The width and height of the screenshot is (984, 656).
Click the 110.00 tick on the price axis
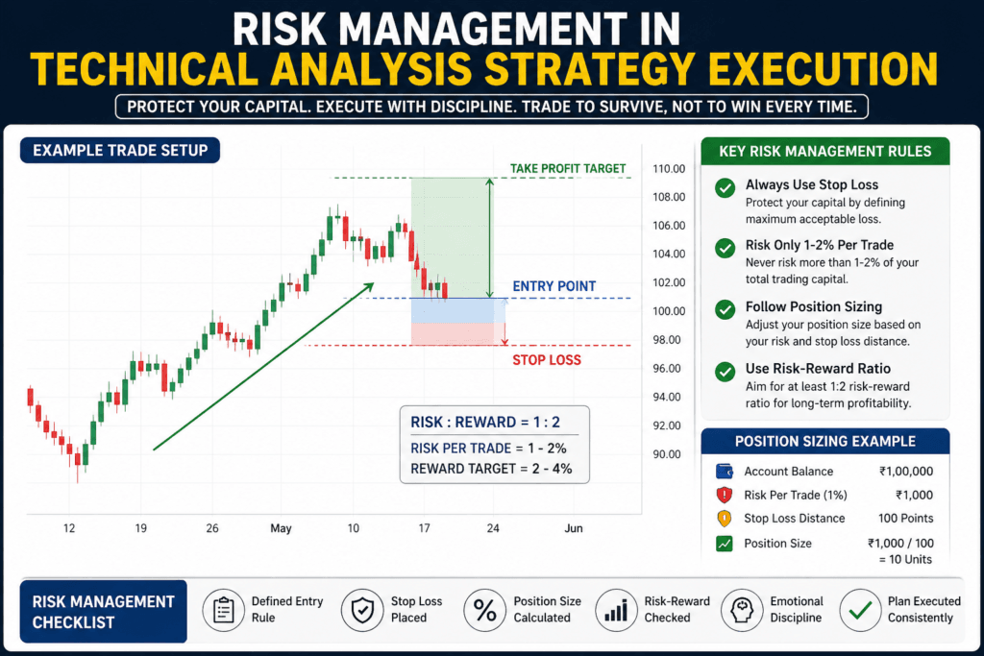pos(667,169)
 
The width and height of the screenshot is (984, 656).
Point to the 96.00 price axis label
pos(667,369)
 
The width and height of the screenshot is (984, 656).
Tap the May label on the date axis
pos(281,528)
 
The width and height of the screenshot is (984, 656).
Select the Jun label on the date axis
pos(574,528)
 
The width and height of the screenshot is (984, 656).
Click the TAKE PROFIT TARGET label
pos(568,168)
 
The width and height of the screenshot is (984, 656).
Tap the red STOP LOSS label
pos(546,360)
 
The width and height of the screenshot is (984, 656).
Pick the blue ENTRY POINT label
pos(553,286)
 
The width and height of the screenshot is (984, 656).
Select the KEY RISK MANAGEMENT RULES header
pos(824,151)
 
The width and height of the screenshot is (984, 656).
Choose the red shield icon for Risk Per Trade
pos(725,496)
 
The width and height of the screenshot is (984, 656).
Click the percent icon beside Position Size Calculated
pos(484,609)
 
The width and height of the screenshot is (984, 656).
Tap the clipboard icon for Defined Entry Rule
pos(223,609)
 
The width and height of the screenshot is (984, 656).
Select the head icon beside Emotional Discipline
pos(741,609)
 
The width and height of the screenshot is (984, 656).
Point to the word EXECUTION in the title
pos(806,69)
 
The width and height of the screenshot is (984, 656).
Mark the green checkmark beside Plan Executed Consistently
pos(860,609)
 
